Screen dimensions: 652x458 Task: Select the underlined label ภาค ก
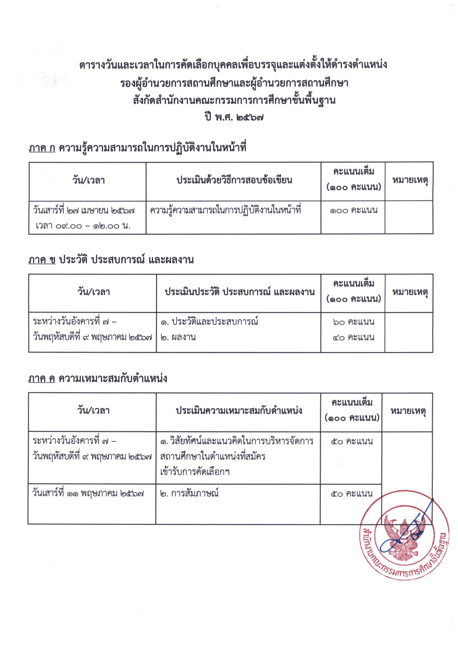(x=42, y=148)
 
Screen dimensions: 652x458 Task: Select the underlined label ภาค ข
(x=42, y=260)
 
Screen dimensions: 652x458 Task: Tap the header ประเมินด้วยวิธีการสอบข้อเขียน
(x=234, y=180)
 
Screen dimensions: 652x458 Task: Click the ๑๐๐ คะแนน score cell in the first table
(x=354, y=210)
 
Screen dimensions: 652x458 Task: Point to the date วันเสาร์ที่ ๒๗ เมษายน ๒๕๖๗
(x=83, y=211)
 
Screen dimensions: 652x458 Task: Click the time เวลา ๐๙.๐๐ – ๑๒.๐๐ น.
(x=83, y=226)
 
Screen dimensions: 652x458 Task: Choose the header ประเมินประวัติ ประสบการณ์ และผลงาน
(x=240, y=292)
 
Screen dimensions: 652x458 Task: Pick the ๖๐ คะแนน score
(x=353, y=322)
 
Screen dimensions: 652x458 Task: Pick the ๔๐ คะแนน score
(x=353, y=337)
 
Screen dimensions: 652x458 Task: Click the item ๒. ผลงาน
(x=178, y=337)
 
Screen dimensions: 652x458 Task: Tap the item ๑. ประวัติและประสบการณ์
(x=209, y=322)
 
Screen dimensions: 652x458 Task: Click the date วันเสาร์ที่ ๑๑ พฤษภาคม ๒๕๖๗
(x=88, y=494)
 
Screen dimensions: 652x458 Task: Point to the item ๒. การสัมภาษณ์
(x=189, y=494)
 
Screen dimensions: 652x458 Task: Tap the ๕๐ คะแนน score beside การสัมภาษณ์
(x=352, y=494)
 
